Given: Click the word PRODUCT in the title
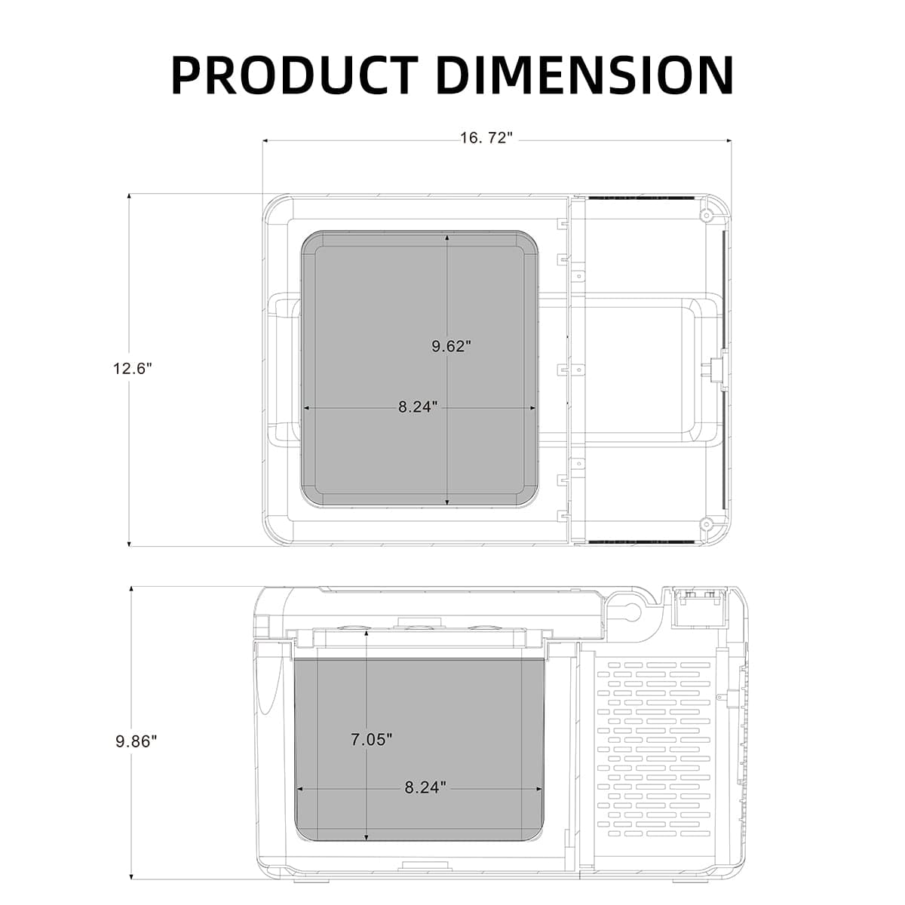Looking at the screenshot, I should pyautogui.click(x=295, y=74).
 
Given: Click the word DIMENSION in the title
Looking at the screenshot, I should pyautogui.click(x=584, y=74).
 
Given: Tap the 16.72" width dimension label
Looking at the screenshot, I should pyautogui.click(x=486, y=139).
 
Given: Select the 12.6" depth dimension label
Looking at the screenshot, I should pyautogui.click(x=133, y=369).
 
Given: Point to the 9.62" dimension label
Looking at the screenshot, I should pyautogui.click(x=451, y=346).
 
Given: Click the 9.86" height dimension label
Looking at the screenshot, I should pyautogui.click(x=136, y=741).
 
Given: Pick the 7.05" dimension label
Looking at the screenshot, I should pyautogui.click(x=371, y=740).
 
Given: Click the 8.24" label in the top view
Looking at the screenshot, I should pyautogui.click(x=418, y=407).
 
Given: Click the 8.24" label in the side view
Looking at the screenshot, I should pyautogui.click(x=425, y=787).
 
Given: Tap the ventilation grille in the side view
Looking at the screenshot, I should pyautogui.click(x=653, y=750).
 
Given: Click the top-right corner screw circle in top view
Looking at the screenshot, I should pyautogui.click(x=706, y=215).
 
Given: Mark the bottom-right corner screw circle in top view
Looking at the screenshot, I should pyautogui.click(x=706, y=523).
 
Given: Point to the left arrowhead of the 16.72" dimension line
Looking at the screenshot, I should pyautogui.click(x=266, y=140).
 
